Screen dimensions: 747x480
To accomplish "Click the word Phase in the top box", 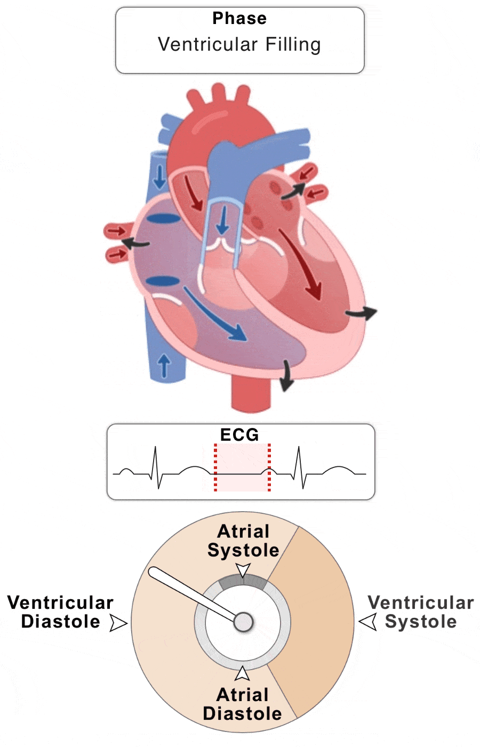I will coord(239,18).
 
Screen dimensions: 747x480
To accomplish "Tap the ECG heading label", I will coord(239,435).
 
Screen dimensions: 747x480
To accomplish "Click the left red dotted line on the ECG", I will coord(215,467).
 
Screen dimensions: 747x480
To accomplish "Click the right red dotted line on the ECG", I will coord(269,467).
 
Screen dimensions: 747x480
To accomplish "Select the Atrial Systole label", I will coord(243,541).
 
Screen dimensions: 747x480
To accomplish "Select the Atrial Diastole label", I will coord(243,704).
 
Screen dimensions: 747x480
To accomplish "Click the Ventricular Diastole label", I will coord(60,612).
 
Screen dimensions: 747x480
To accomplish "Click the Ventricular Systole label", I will coord(421,612).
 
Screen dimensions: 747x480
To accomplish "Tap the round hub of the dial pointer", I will coord(243,622).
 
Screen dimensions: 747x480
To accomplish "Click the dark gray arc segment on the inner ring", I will coord(243,581).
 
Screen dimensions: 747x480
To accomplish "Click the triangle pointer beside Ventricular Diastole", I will coord(118,623).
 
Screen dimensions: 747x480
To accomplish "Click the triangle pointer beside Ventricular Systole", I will coord(367,622).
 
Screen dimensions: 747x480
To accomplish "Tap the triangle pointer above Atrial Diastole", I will coord(243,674).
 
